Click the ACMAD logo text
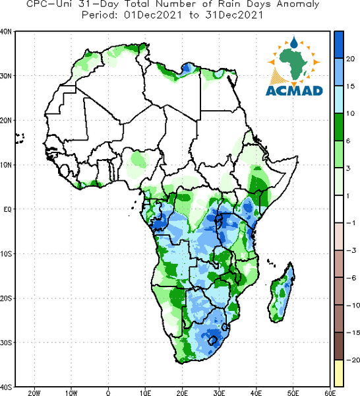click(294, 90)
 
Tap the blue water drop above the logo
click(293, 42)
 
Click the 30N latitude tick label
click(5, 76)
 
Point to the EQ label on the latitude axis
click(7, 209)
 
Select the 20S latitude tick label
click(6, 298)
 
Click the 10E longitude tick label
click(145, 393)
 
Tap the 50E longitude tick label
click(293, 393)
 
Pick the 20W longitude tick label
click(34, 393)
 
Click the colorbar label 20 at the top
click(350, 59)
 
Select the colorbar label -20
click(353, 360)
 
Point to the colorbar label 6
click(348, 141)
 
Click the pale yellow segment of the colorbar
click(339, 373)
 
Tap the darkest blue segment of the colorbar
click(339, 45)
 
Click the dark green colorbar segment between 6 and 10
click(339, 127)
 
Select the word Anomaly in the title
click(298, 4)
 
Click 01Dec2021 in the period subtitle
click(153, 15)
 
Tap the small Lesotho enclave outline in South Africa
click(212, 341)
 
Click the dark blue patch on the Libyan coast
click(187, 68)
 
